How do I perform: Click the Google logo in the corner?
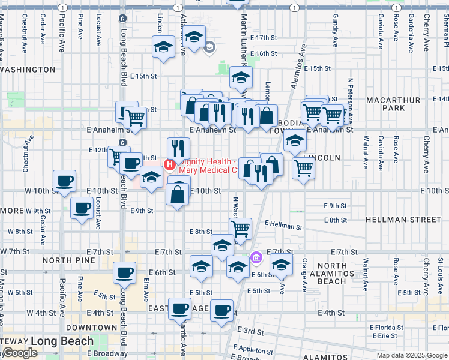[19, 353]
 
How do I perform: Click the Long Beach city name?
[62, 341]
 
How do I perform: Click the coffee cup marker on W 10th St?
[65, 181]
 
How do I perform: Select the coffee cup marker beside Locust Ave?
[82, 208]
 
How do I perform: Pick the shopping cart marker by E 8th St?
[240, 227]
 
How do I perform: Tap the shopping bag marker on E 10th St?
[179, 194]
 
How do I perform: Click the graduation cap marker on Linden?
[162, 47]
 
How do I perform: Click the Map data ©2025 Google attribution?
[412, 355]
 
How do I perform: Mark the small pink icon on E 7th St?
[256, 258]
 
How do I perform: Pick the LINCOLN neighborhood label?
[322, 158]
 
